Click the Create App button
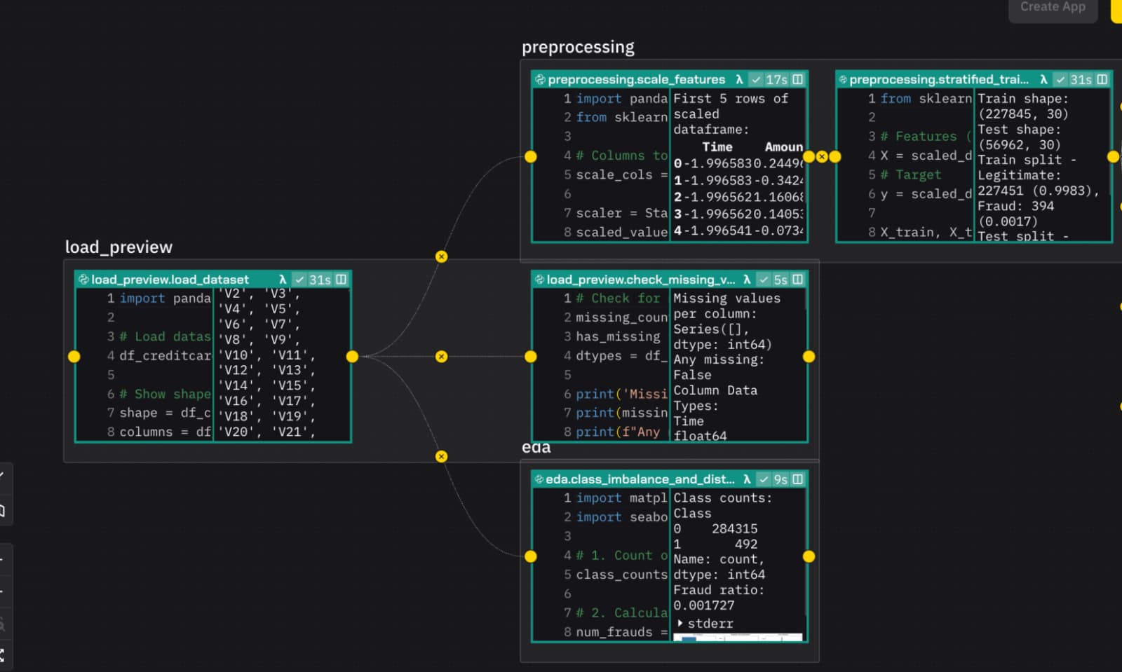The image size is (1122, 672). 1052,7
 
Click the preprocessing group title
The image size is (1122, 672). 578,47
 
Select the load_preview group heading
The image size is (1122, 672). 119,247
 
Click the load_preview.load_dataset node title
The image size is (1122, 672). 170,280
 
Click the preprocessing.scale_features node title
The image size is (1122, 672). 636,79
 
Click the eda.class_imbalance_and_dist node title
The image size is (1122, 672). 640,479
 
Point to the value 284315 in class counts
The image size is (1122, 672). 734,529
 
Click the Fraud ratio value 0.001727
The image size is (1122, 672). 703,605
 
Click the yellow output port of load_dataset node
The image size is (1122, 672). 352,357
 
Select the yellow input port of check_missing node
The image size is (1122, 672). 531,357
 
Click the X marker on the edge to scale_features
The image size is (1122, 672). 441,256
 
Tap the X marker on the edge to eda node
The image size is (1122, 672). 441,456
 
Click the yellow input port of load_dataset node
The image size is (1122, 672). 74,357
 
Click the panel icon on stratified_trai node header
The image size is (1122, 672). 1102,79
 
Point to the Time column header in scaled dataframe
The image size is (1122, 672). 717,147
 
